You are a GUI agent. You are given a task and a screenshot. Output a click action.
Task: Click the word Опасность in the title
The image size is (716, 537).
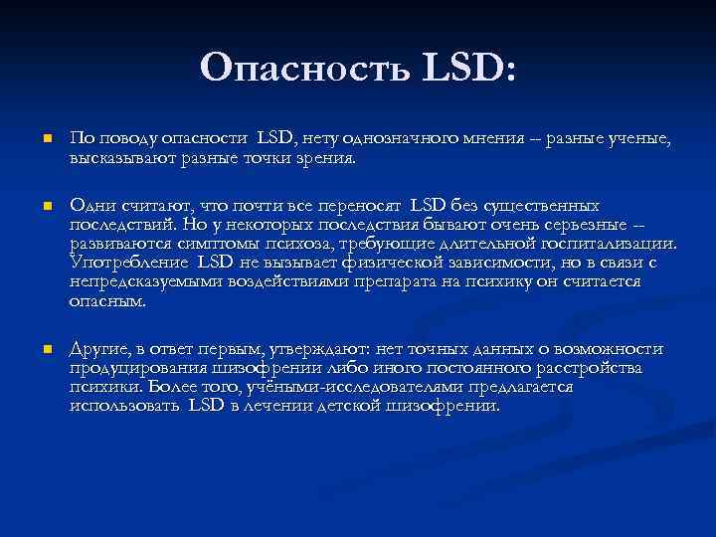pyautogui.click(x=305, y=69)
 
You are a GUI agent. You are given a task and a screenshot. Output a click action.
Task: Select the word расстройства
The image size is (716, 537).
pyautogui.click(x=582, y=369)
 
